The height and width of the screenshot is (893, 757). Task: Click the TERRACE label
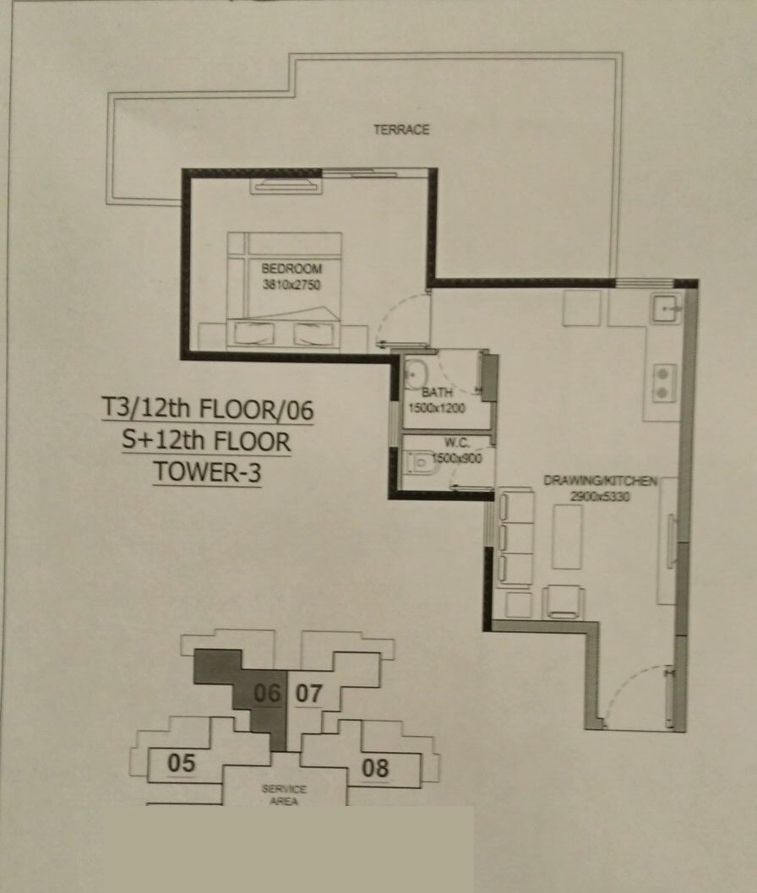tap(402, 129)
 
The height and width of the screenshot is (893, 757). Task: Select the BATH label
tap(438, 393)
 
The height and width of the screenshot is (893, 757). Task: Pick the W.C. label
tap(444, 441)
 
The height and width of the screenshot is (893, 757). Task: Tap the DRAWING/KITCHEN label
tap(600, 481)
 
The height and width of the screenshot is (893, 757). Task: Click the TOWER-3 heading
tap(207, 471)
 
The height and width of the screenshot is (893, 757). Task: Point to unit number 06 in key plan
tap(267, 694)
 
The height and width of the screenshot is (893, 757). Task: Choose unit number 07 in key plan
tap(309, 694)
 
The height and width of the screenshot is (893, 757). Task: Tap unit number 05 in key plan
tap(181, 763)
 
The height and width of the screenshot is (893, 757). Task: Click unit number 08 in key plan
tap(375, 768)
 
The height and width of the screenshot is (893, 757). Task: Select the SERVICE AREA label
tap(284, 794)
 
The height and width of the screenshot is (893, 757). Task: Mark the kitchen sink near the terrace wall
tap(667, 308)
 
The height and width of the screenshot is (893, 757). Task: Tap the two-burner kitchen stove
tap(664, 381)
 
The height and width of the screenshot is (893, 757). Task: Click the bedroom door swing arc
tap(390, 319)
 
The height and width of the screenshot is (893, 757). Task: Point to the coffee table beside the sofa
tap(567, 536)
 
